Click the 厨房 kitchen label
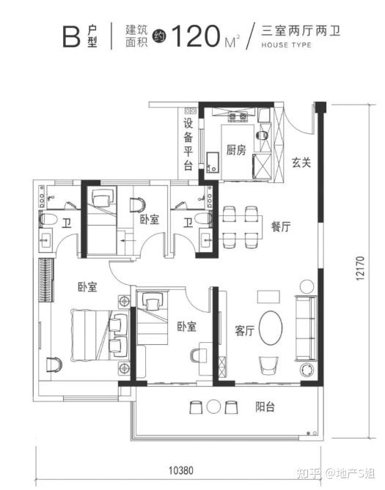click(236, 150)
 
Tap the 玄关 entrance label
click(301, 162)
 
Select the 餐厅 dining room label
click(281, 226)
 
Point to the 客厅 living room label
click(244, 330)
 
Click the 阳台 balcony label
click(265, 407)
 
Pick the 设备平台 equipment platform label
click(188, 144)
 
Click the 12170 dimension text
click(360, 268)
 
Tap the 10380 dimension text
click(181, 470)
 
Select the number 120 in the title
click(195, 36)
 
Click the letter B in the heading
click(71, 37)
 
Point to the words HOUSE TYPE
click(287, 45)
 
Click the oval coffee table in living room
click(271, 328)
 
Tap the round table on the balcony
click(214, 407)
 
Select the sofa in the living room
click(306, 328)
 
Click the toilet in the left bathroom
click(48, 219)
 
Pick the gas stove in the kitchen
click(237, 116)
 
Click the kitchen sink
click(213, 163)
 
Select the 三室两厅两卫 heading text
click(301, 31)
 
